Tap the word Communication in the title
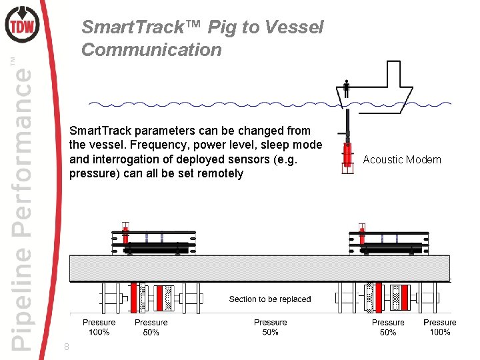(151, 50)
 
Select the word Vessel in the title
(295, 27)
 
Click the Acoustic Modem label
(402, 159)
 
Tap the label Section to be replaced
(270, 299)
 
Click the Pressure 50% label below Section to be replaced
(270, 327)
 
